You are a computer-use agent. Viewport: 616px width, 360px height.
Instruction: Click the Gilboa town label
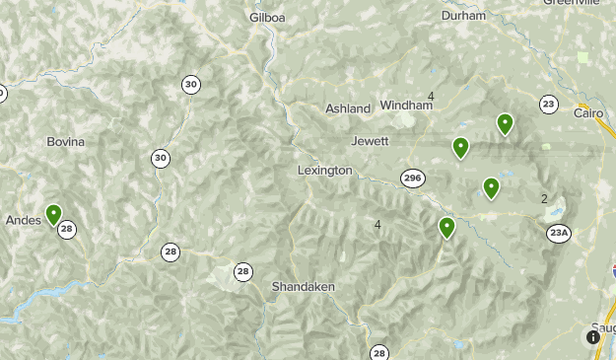coord(266,18)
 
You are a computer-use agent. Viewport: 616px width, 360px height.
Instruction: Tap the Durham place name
coord(463,16)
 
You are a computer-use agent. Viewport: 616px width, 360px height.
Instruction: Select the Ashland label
coord(348,108)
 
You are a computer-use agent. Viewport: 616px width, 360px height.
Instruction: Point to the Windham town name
coord(406,105)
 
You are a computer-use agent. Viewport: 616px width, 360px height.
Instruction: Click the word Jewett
coord(370,141)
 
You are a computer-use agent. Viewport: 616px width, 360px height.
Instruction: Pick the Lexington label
coord(324,171)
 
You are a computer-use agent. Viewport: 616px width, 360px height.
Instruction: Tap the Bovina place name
coord(66,142)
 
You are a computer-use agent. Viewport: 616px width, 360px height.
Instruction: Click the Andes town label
coord(23,220)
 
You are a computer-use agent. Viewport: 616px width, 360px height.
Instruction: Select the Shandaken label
coord(304,286)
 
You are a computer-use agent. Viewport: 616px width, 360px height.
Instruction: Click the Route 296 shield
coord(412,178)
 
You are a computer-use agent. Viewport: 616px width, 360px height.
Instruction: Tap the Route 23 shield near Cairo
coord(549,105)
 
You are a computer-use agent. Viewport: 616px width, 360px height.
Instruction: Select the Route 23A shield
coord(559,233)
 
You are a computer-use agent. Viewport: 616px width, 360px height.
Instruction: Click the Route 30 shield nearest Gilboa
coord(191,85)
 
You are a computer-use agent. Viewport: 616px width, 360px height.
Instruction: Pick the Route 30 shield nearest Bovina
coord(161,158)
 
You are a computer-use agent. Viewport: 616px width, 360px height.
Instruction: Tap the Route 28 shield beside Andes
coord(67,230)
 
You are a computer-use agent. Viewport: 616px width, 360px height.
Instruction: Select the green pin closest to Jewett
coord(460,147)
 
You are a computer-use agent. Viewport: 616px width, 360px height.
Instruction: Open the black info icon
coord(593,337)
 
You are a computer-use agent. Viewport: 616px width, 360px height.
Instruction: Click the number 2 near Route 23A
coord(544,198)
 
